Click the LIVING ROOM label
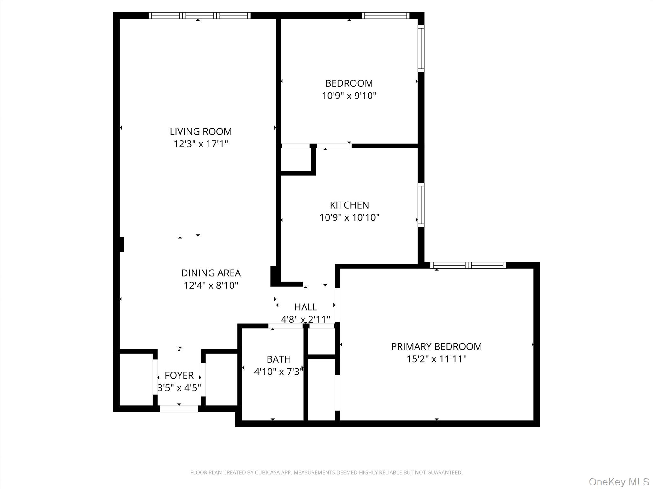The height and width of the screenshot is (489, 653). click(x=201, y=131)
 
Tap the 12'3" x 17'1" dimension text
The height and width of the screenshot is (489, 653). click(x=201, y=144)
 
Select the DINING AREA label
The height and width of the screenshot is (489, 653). click(x=211, y=273)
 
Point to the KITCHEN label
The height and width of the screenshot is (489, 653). click(x=349, y=205)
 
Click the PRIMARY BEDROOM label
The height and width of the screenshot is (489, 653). click(x=436, y=346)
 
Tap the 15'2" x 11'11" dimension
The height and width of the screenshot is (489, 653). click(x=436, y=359)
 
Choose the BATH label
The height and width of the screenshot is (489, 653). click(x=278, y=359)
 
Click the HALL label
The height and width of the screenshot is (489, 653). click(x=305, y=307)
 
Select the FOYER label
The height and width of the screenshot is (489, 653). click(x=179, y=375)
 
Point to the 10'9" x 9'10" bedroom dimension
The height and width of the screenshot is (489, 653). click(x=349, y=96)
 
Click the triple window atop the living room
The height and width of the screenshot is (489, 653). click(x=199, y=16)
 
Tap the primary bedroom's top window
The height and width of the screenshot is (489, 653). click(x=468, y=265)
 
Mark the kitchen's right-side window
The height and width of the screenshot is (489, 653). click(x=421, y=205)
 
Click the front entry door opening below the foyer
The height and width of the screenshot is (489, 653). click(x=179, y=409)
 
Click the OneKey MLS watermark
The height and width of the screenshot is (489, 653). click(x=619, y=482)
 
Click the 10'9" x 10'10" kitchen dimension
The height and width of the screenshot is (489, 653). click(x=349, y=217)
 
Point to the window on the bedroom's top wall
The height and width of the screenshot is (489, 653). click(x=385, y=16)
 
